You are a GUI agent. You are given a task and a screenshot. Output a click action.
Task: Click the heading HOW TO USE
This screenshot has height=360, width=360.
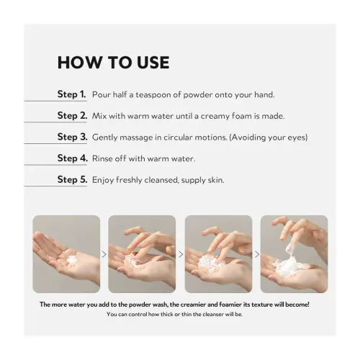click(x=114, y=63)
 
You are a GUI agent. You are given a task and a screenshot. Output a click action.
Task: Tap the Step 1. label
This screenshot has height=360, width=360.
click(x=71, y=94)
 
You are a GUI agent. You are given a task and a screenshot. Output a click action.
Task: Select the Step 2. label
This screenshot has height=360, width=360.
click(x=72, y=115)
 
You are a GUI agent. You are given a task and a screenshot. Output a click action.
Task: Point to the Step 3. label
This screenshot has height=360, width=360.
click(x=72, y=137)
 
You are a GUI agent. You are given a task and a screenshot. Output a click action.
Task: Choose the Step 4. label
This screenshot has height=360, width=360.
click(x=73, y=158)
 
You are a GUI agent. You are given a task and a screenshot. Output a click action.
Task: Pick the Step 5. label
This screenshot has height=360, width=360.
click(x=72, y=179)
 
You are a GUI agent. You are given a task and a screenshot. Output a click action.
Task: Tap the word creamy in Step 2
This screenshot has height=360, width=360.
click(x=215, y=117)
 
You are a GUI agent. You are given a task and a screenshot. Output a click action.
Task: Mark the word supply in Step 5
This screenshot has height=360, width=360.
click(x=193, y=181)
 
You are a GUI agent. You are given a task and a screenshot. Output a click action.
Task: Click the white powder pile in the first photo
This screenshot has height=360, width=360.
click(x=71, y=260)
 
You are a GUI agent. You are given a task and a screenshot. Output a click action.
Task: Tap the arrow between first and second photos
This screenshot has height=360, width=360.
click(x=104, y=254)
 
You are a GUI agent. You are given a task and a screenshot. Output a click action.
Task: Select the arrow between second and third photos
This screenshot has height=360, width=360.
click(x=181, y=254)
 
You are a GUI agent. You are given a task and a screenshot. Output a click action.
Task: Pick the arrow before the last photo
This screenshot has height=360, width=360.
click(x=257, y=254)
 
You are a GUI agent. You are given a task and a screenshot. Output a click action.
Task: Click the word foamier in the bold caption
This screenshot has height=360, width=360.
click(x=230, y=305)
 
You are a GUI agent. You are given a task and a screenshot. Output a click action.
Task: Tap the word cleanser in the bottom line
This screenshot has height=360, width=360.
click(x=213, y=314)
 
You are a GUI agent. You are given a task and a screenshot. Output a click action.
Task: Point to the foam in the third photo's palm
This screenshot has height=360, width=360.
click(x=207, y=264)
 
